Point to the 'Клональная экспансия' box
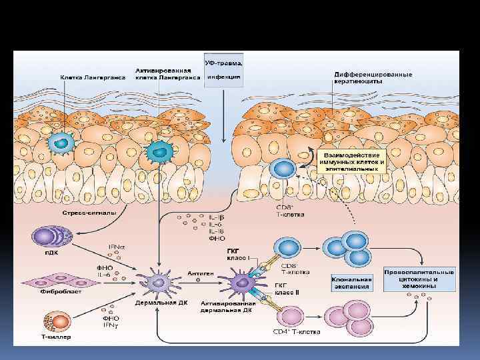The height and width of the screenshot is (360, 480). pyautogui.click(x=351, y=283)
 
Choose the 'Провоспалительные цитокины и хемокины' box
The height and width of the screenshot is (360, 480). pyautogui.click(x=419, y=279)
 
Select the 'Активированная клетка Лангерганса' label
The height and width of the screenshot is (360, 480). pyautogui.click(x=167, y=73)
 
